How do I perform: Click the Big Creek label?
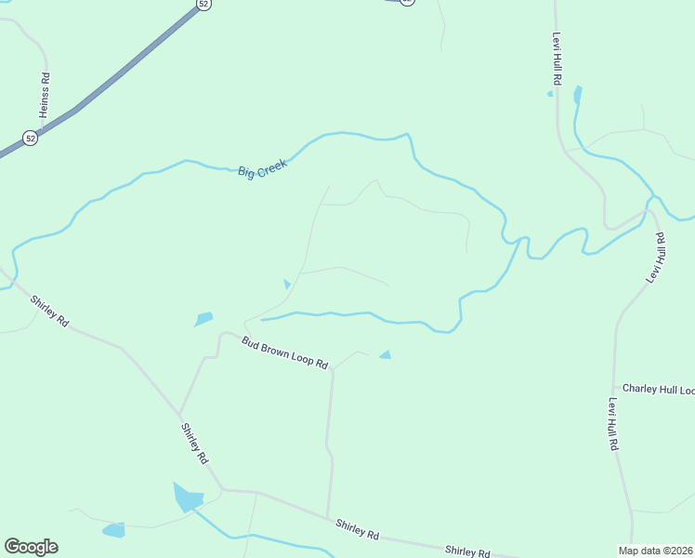click(263, 168)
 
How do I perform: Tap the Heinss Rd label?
click(45, 96)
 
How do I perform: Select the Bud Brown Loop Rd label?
click(285, 352)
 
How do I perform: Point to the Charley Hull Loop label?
click(658, 389)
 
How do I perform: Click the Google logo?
click(31, 547)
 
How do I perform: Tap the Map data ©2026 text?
click(655, 551)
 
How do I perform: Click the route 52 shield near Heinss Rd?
click(31, 139)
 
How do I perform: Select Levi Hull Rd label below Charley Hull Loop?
click(613, 424)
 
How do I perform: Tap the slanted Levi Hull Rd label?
click(657, 258)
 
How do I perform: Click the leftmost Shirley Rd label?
click(49, 311)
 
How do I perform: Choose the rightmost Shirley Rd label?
click(467, 551)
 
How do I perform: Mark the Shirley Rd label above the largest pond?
click(195, 445)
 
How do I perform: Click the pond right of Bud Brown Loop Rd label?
click(385, 354)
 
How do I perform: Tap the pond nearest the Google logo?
click(113, 530)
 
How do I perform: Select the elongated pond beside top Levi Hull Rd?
click(578, 94)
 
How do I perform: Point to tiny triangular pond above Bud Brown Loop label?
click(287, 284)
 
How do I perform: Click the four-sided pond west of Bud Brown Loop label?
click(203, 319)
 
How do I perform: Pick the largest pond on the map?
click(187, 498)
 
